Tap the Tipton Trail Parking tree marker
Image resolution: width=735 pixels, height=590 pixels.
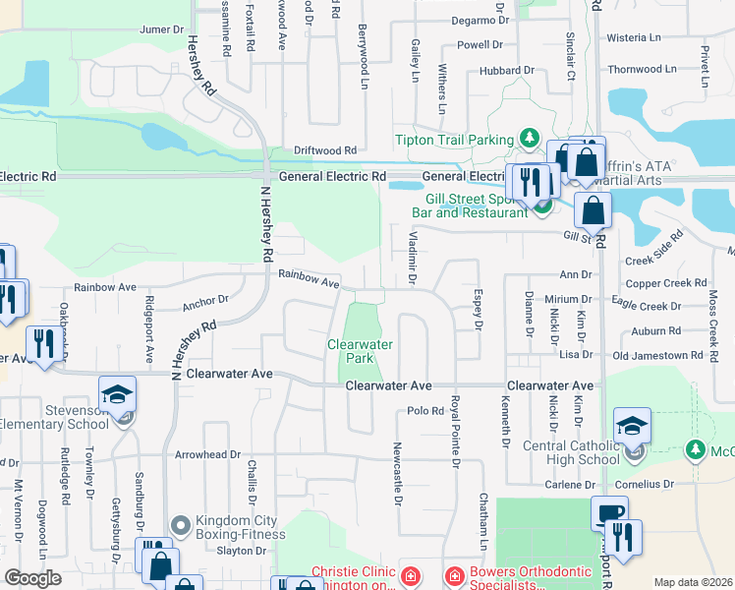tap(530, 137)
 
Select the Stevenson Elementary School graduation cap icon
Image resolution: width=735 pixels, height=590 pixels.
tap(118, 395)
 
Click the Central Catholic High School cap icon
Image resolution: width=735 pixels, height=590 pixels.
tap(632, 426)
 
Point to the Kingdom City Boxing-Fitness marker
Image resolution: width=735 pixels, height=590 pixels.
tap(179, 525)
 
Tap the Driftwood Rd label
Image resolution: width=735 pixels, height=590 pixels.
tap(325, 150)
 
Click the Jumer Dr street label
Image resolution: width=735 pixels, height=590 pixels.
tap(162, 29)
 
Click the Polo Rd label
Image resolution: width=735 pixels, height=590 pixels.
tap(424, 410)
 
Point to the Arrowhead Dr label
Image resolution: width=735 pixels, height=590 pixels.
tap(207, 455)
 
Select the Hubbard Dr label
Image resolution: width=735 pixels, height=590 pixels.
tap(507, 71)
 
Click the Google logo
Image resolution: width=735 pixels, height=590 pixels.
tap(32, 578)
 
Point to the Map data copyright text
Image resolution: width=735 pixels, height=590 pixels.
tap(693, 582)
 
